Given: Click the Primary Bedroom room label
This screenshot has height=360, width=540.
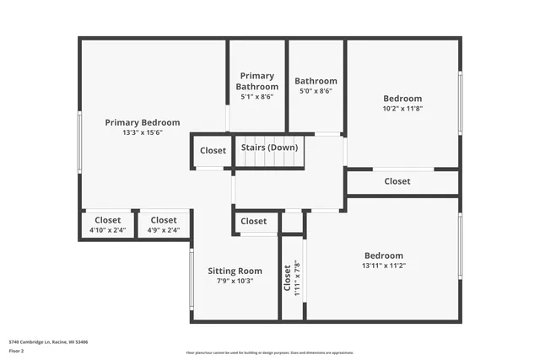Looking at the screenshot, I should [143, 122].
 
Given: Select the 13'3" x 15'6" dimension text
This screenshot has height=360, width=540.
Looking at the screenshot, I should [143, 132].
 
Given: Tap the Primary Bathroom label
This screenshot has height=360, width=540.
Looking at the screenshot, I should [257, 81].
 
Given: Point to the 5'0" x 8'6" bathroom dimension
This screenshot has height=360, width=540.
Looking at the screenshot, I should [316, 91].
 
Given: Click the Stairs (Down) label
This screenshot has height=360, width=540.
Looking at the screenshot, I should [269, 148].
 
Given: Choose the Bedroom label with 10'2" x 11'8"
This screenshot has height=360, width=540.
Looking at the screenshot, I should [402, 99].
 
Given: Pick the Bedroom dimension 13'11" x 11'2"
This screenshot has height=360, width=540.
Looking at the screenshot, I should [384, 266].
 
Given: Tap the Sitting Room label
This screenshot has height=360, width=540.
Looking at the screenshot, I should [235, 271].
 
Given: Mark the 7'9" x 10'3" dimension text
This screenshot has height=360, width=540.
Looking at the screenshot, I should [235, 281].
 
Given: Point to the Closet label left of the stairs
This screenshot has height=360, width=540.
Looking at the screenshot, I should [213, 151].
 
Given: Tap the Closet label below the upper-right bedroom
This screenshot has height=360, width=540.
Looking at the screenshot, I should [397, 181].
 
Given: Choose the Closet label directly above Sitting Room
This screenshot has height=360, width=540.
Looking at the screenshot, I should [253, 221].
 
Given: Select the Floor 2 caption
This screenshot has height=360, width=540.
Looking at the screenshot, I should [16, 350].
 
